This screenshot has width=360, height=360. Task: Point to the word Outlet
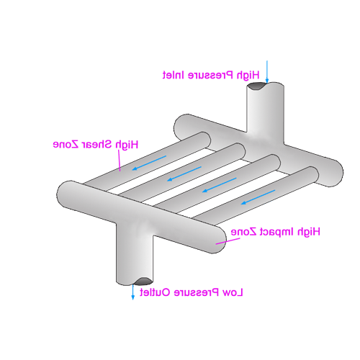click(x=155, y=292)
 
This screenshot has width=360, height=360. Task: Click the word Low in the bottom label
click(x=233, y=292)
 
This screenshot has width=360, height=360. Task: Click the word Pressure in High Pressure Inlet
click(x=210, y=75)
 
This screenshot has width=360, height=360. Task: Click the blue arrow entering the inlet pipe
click(x=267, y=72)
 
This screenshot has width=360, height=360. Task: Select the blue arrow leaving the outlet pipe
click(x=132, y=292)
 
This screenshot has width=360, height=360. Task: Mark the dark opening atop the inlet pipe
click(x=257, y=86)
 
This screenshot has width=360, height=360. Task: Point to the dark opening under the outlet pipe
click(x=143, y=281)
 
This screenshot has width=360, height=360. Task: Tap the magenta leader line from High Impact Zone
click(x=228, y=241)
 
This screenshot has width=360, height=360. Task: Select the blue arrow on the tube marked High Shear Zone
click(x=149, y=163)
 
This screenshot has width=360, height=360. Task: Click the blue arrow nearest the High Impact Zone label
click(x=258, y=197)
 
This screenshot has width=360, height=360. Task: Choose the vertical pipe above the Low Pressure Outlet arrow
click(x=135, y=254)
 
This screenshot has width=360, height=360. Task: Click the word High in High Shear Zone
click(x=127, y=145)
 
